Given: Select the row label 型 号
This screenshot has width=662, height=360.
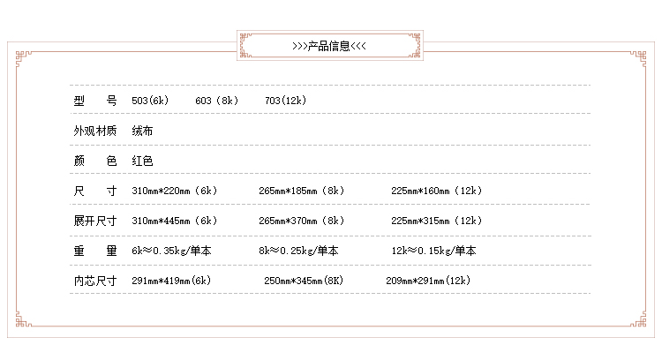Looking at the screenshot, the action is [95, 101].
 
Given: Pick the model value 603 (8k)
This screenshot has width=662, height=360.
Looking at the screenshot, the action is [216, 101].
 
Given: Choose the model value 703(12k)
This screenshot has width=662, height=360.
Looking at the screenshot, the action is [285, 101].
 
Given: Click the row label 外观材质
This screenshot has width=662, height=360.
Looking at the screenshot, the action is [95, 131].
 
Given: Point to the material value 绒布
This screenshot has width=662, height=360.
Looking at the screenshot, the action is [142, 131].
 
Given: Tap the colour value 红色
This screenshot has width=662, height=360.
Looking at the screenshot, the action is [142, 161].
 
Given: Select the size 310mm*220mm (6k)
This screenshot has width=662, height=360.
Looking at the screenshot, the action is [174, 191].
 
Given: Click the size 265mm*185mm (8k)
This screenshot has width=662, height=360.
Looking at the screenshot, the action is [301, 191].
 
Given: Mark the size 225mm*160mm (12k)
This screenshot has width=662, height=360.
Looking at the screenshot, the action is [436, 191].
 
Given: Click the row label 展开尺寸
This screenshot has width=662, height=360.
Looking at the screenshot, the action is [95, 221].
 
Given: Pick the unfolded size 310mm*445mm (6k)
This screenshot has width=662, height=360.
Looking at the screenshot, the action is [174, 221].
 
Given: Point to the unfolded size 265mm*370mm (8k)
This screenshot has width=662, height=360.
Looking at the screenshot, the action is [301, 221].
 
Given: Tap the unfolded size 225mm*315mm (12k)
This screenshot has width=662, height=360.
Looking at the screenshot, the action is [436, 221].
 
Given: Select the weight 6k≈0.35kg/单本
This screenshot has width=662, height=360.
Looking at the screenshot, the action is [171, 251].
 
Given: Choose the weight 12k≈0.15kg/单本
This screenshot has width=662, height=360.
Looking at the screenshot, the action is [433, 251].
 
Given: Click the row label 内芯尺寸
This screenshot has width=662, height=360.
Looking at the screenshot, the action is [95, 281].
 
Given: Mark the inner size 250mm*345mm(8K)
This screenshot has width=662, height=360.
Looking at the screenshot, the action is [304, 281].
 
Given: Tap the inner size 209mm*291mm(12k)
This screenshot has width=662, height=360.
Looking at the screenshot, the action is [428, 281].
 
